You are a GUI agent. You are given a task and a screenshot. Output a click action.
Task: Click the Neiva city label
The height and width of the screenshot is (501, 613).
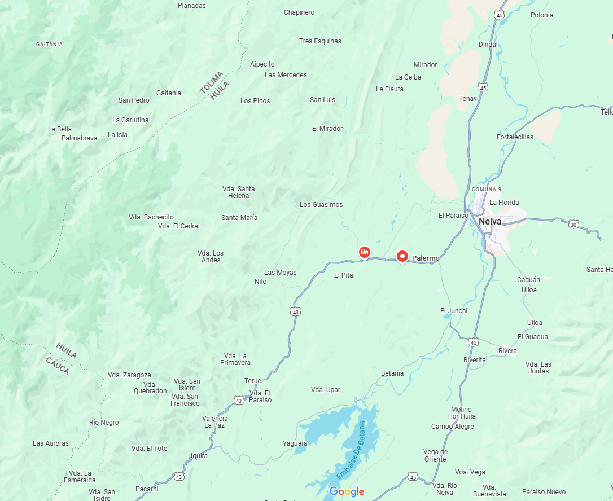[489, 222]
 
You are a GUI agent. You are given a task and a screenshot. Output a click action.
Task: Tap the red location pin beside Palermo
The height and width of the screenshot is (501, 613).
[402, 257]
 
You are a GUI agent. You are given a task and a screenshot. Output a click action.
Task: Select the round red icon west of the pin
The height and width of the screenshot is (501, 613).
[365, 252]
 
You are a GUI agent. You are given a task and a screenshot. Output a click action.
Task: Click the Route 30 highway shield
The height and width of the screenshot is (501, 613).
[573, 224]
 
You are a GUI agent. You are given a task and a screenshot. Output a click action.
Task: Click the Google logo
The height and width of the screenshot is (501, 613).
[347, 491]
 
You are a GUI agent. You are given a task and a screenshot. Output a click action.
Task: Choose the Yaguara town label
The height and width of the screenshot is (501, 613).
[295, 443]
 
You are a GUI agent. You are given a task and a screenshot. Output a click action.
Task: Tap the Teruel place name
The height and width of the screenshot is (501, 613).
[253, 381]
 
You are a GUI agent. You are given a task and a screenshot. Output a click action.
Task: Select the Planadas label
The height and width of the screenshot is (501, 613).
[192, 6]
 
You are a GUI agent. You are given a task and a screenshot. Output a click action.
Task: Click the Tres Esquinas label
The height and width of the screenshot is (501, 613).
[320, 41]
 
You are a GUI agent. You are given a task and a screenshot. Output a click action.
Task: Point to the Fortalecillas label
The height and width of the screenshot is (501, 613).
[515, 137]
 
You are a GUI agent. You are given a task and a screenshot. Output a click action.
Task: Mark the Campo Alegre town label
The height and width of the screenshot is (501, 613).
[453, 427]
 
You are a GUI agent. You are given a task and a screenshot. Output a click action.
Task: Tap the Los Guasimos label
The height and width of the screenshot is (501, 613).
[321, 205]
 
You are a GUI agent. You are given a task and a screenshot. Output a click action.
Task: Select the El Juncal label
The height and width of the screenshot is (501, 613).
[454, 311]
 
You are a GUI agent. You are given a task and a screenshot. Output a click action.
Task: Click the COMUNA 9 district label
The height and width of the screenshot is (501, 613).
[486, 189]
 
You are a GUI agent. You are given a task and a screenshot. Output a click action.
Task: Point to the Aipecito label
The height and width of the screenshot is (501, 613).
[262, 64]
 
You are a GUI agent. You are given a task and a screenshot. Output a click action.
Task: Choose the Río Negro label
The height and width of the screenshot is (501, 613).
[104, 423]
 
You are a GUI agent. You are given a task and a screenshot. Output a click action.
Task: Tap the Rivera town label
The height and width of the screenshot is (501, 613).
[507, 351]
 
